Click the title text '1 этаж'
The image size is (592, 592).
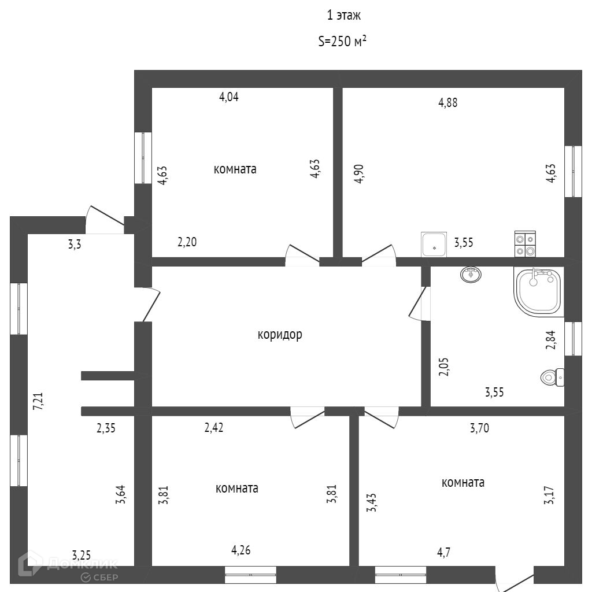[344, 16]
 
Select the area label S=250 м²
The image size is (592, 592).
[342, 42]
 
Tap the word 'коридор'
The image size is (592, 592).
[280, 334]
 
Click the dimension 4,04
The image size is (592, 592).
[228, 97]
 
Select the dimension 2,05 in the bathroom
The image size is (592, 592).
[444, 367]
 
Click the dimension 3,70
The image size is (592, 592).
[480, 428]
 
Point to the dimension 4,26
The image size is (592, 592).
[241, 550]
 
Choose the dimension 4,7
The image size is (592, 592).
[444, 552]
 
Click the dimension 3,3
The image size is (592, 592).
[75, 244]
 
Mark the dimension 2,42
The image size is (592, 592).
[214, 428]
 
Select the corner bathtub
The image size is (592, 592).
[538, 291]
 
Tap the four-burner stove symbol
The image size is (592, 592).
[525, 243]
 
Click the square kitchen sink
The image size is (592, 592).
[434, 244]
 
